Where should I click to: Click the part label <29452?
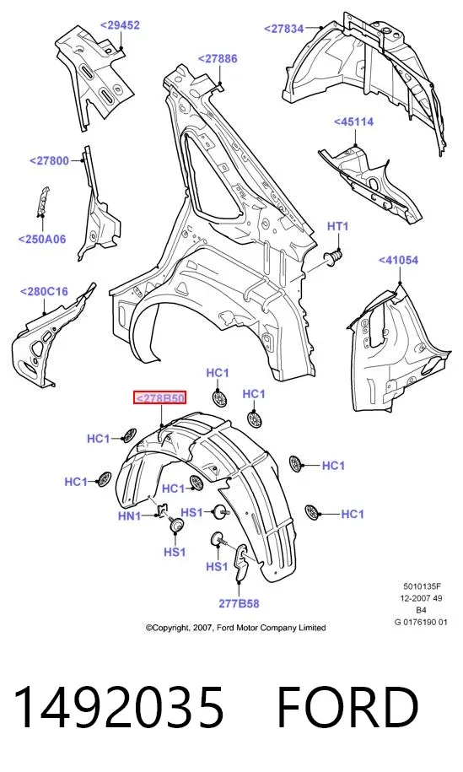click(x=120, y=25)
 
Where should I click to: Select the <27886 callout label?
click(x=218, y=58)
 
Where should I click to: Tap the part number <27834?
click(x=284, y=29)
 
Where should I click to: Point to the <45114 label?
click(x=353, y=121)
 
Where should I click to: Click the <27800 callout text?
click(x=49, y=160)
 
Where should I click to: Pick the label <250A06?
click(x=42, y=240)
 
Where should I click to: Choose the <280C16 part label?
click(x=44, y=291)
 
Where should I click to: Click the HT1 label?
click(x=338, y=226)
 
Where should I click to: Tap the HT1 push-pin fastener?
click(x=333, y=257)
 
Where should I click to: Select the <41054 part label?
click(x=399, y=260)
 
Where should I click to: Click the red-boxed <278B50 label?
click(x=160, y=398)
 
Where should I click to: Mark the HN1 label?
click(x=129, y=516)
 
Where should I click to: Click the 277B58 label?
click(x=240, y=603)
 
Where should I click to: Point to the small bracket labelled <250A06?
click(x=43, y=202)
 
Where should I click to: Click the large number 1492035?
click(x=119, y=707)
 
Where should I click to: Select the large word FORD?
click(x=347, y=707)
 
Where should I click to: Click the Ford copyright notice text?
click(x=235, y=628)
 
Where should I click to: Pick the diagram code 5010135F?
click(x=423, y=586)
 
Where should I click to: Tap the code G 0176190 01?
click(x=421, y=622)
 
